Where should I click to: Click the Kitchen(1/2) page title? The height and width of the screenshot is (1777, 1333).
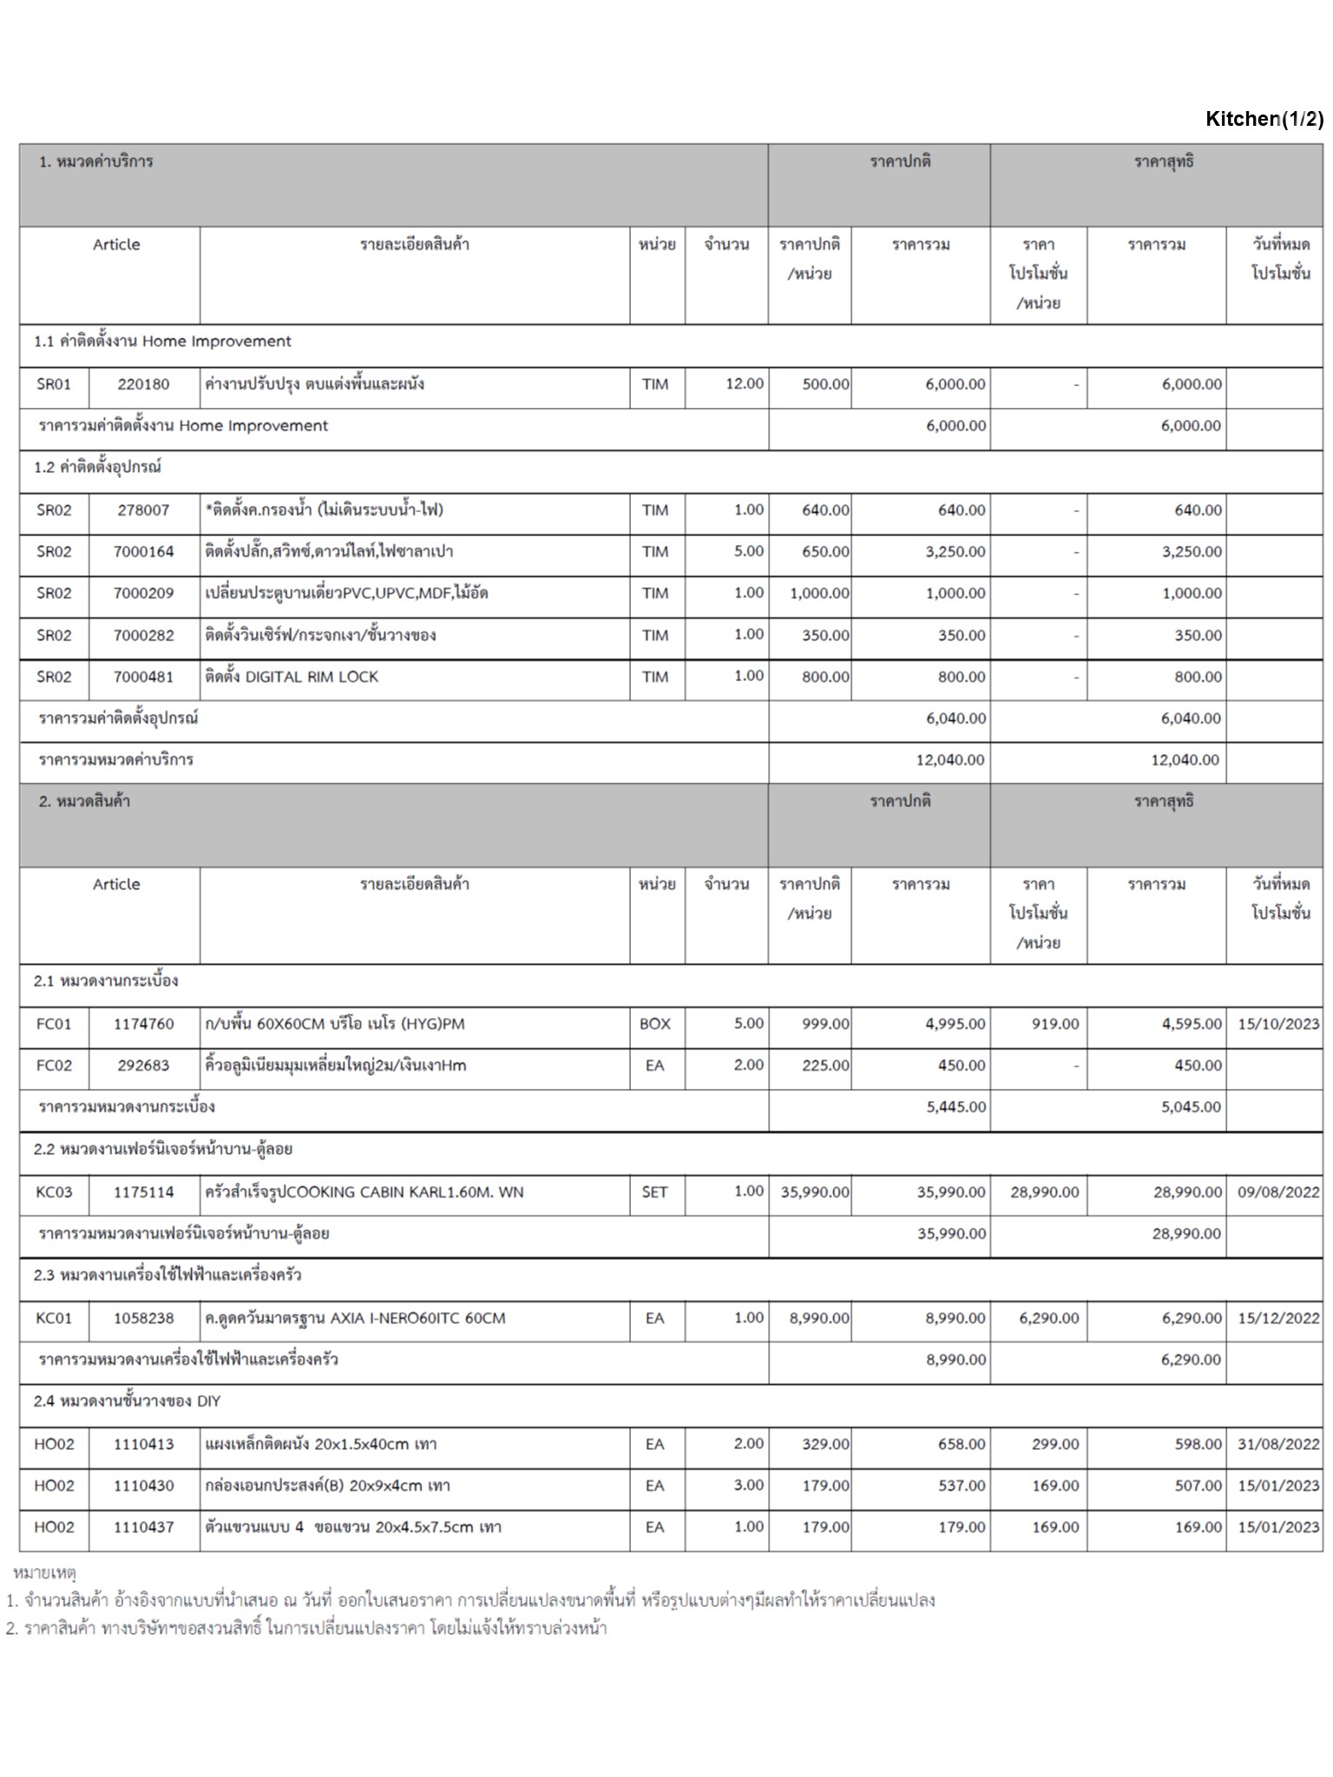(x=1264, y=119)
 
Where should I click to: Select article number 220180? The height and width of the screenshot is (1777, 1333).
(x=143, y=384)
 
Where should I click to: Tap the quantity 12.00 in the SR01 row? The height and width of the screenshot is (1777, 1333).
(x=745, y=384)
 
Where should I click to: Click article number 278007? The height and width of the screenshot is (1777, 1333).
(x=143, y=510)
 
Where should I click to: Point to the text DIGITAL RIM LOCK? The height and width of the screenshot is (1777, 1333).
(x=312, y=677)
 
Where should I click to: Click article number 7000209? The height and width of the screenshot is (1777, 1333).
(x=143, y=593)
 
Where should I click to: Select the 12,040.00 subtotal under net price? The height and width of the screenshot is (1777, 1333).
(x=1185, y=760)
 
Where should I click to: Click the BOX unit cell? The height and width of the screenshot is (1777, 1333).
(x=655, y=1024)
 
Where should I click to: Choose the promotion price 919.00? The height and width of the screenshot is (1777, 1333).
(x=1055, y=1024)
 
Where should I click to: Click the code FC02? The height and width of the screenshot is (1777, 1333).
(x=54, y=1066)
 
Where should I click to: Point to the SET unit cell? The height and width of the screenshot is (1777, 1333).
(x=655, y=1192)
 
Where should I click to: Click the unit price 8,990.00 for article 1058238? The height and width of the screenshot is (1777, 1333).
(x=819, y=1318)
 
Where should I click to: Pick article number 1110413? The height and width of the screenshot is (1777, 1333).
(x=143, y=1445)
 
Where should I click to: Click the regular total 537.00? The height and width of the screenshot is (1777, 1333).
(x=962, y=1486)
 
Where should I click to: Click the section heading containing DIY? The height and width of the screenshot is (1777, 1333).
(x=128, y=1401)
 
